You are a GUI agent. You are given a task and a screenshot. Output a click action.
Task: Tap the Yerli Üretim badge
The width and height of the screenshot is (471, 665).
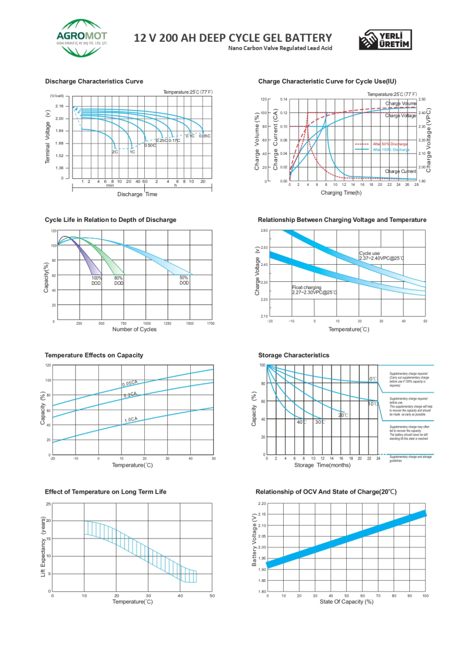(386, 39)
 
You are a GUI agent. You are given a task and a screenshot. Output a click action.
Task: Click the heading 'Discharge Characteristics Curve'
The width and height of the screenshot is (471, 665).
(94, 81)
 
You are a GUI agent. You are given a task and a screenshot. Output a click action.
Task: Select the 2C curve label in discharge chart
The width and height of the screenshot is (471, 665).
(115, 152)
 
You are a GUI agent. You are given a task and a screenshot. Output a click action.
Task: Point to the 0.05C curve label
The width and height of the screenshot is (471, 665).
(204, 136)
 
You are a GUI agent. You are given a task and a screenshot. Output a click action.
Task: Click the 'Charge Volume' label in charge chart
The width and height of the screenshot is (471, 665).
(401, 104)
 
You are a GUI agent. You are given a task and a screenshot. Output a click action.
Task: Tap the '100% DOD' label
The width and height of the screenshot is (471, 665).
(97, 280)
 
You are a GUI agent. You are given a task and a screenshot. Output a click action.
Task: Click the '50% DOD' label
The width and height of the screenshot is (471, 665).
(184, 280)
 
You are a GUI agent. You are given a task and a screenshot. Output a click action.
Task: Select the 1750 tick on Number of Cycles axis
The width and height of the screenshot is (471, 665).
(210, 324)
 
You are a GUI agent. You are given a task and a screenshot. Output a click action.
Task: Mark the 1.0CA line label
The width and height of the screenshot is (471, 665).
(131, 420)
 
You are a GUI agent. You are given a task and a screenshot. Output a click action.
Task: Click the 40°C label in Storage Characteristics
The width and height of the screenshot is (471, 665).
(301, 422)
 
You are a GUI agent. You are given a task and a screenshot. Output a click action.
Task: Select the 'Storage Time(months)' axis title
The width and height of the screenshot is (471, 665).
(322, 465)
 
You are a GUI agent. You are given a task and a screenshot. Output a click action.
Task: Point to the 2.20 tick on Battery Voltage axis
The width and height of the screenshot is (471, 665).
(262, 503)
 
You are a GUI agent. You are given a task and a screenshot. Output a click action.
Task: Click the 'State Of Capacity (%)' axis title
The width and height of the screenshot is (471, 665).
(346, 602)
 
